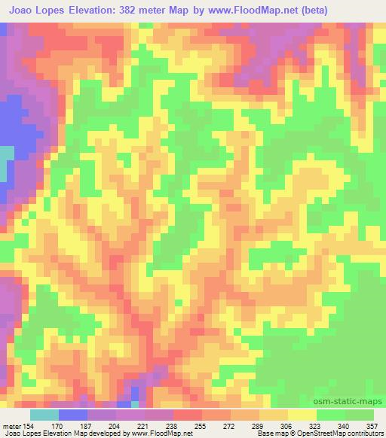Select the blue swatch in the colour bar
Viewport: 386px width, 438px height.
click(73, 414)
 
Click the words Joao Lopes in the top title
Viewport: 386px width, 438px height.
click(34, 10)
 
